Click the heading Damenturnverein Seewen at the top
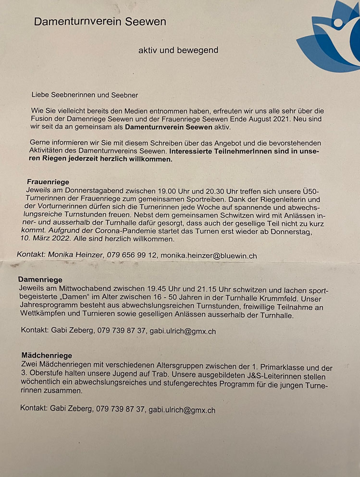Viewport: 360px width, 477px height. [100, 22]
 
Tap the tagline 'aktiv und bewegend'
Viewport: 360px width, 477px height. [178, 50]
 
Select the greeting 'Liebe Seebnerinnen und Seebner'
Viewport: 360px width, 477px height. [85, 95]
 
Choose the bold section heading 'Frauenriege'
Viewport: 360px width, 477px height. [48, 182]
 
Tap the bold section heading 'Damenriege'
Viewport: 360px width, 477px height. [40, 279]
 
